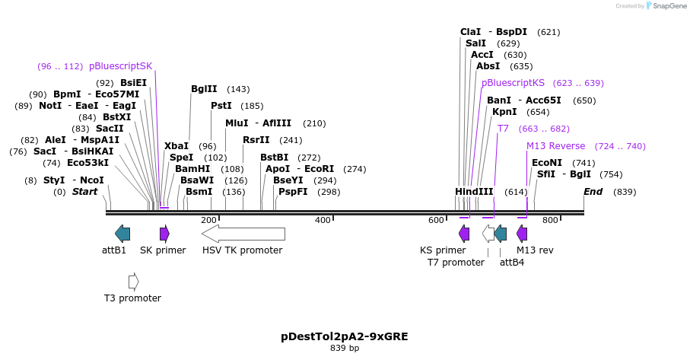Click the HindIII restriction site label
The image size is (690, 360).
[x=474, y=192]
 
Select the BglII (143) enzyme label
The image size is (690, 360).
[x=204, y=89]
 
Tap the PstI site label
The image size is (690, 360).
[x=221, y=106]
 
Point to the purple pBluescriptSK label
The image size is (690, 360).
[x=120, y=66]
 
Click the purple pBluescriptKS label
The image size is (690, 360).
[x=513, y=83]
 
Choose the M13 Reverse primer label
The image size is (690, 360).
[x=555, y=146]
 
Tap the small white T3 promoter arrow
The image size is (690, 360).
[x=134, y=282]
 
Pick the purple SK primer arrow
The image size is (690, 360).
[x=164, y=234]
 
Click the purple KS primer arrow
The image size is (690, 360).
[x=464, y=234]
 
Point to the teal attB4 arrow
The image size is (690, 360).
[x=500, y=234]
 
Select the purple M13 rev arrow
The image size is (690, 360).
[x=522, y=234]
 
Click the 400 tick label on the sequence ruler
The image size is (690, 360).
[x=323, y=221]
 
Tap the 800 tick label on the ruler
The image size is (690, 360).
[x=550, y=221]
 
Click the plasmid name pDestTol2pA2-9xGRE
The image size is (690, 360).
[x=345, y=336]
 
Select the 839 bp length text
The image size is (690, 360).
[x=345, y=348]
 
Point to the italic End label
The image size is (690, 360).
[x=593, y=192]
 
